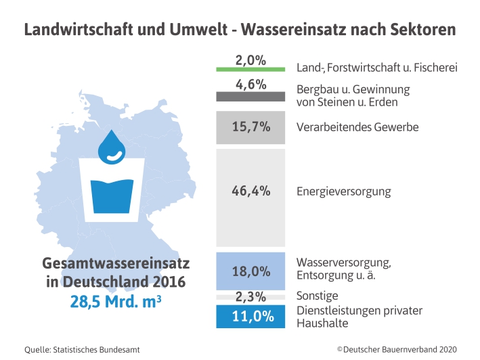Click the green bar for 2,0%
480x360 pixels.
pyautogui.click(x=250, y=69)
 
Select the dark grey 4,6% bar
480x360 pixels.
pyautogui.click(x=250, y=96)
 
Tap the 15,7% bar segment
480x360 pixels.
pyautogui.click(x=250, y=127)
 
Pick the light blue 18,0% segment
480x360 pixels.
pyautogui.click(x=250, y=271)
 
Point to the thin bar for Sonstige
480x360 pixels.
pyautogui.click(x=250, y=297)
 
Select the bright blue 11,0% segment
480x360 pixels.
pyautogui.click(x=250, y=317)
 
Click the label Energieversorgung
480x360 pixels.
pyautogui.click(x=343, y=192)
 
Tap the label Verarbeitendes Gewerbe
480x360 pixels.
pyautogui.click(x=357, y=127)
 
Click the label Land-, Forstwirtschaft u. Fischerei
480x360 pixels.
pyautogui.click(x=378, y=68)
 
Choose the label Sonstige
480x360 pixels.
pyautogui.click(x=317, y=296)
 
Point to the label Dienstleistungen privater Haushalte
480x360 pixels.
pyautogui.click(x=359, y=317)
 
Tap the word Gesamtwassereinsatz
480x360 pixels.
pyautogui.click(x=116, y=263)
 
